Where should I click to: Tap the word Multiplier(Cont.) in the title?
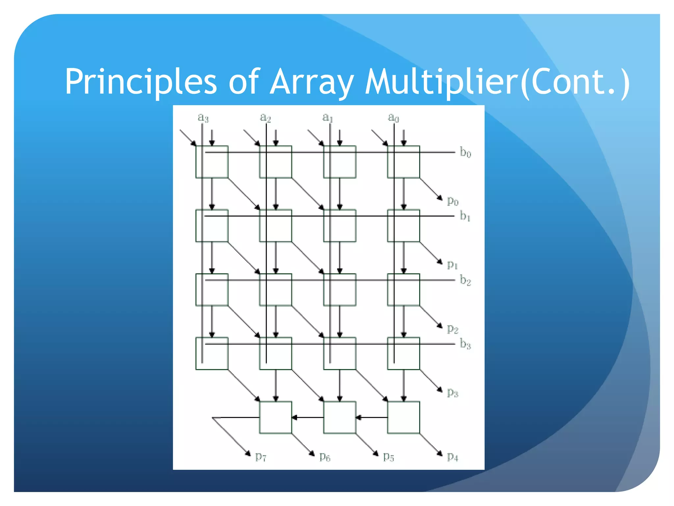tap(497, 82)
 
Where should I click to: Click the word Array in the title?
tap(312, 82)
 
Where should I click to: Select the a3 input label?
tap(203, 117)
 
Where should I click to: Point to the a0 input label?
tap(393, 117)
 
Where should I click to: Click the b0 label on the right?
tap(465, 153)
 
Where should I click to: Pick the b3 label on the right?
tap(465, 344)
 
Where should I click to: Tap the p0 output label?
tap(453, 201)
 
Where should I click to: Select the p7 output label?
tap(261, 457)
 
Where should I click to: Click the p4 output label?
tap(453, 457)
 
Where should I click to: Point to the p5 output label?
tap(388, 457)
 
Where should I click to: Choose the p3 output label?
tap(453, 393)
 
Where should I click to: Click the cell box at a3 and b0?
tap(212, 162)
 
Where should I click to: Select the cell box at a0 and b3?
tap(403, 353)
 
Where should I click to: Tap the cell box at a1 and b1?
tap(340, 226)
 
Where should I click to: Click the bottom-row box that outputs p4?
tap(403, 417)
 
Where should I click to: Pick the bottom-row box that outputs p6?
tap(275, 417)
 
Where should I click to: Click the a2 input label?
tap(265, 117)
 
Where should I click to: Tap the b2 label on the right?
tap(465, 280)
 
